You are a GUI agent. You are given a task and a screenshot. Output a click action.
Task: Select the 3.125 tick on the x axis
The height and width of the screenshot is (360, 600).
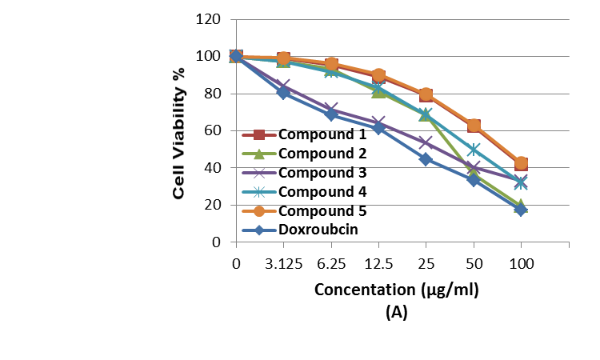pos(283,265)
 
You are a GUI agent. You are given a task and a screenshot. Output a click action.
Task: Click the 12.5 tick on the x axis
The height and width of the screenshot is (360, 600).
pos(378,265)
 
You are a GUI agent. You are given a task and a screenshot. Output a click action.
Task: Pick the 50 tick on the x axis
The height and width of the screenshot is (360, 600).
pos(474,265)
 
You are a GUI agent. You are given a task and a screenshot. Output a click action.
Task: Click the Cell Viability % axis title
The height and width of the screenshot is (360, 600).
pos(180,132)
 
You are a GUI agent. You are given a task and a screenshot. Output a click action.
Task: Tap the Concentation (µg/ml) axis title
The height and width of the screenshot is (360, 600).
pos(396,290)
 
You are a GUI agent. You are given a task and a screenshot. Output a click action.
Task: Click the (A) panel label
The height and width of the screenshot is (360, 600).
pos(396,313)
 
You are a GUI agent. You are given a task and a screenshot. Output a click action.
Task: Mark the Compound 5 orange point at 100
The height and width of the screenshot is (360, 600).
pos(521,163)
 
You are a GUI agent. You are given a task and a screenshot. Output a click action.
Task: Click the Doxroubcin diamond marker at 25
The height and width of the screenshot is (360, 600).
pos(426,159)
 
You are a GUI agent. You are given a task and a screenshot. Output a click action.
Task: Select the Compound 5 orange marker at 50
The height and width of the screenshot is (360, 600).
pos(474,126)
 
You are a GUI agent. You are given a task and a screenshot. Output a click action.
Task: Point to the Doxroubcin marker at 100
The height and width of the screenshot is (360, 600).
pos(521,210)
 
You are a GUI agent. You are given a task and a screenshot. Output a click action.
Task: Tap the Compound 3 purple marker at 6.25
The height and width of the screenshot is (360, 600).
pos(330,109)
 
